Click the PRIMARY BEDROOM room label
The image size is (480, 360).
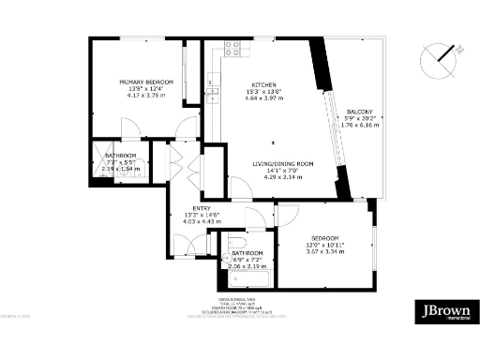(142, 82)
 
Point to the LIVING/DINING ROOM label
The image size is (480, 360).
(281, 163)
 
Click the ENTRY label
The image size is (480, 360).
(201, 208)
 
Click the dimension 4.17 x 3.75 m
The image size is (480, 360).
(142, 96)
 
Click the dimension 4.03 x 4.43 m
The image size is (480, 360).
(201, 221)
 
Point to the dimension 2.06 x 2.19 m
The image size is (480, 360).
(247, 266)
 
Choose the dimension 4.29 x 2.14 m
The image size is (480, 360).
(281, 176)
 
